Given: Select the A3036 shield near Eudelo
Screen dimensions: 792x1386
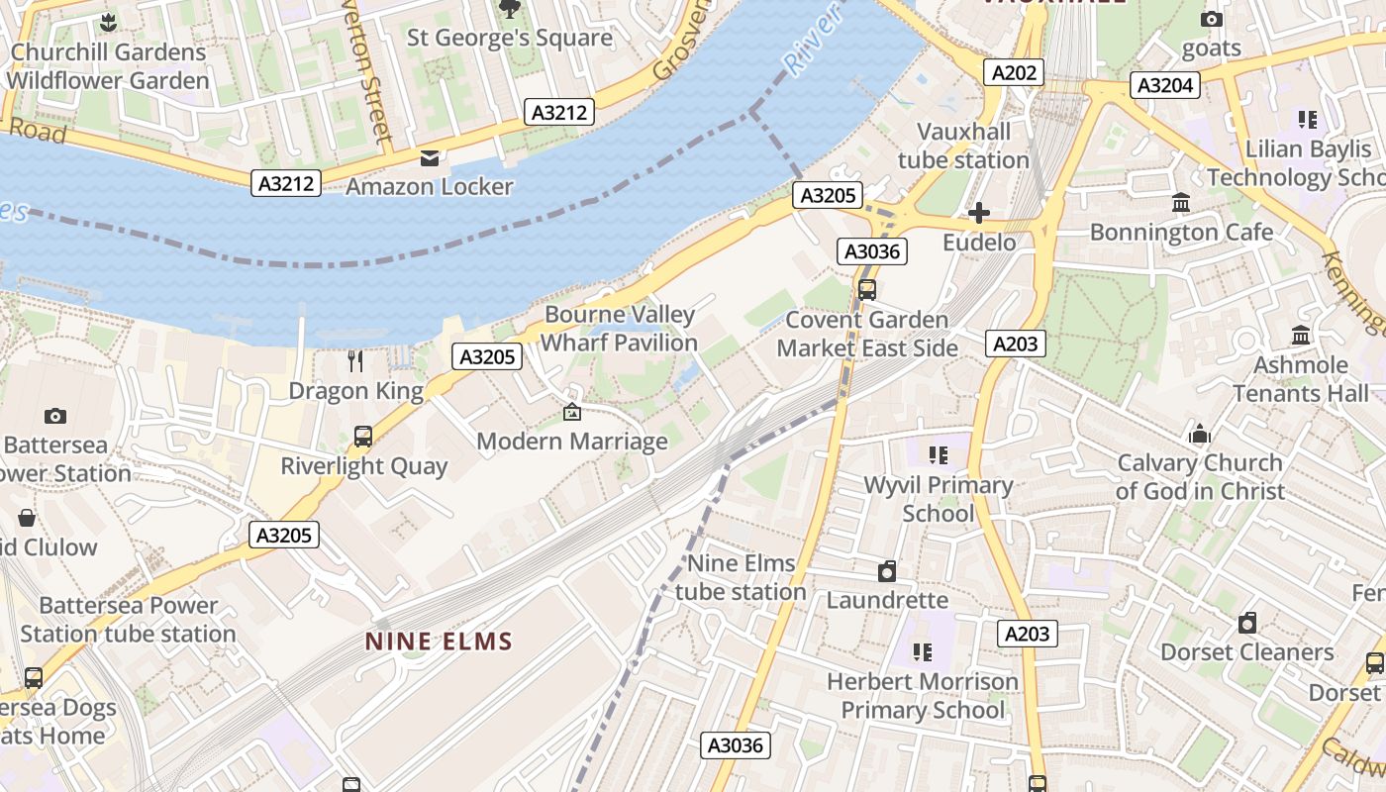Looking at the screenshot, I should pos(872,251).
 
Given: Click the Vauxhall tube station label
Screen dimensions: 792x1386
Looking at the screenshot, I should pos(963,146).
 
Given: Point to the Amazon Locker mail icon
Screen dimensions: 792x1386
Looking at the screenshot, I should pos(430,158).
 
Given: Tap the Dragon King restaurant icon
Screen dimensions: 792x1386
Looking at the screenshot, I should pos(356,361).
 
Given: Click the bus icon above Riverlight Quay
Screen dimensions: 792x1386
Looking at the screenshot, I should pos(363,436).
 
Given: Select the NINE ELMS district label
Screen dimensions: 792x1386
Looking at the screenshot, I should pos(439,642).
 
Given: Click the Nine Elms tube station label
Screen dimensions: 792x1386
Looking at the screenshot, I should pos(741,578).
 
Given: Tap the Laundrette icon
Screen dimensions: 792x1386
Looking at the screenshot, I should pos(887,571).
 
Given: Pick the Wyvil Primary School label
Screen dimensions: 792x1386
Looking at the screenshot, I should pos(938,499).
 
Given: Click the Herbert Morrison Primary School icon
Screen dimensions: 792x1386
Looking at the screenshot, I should pos(923,652).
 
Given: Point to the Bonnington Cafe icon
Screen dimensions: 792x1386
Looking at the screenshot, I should pos(1180,203).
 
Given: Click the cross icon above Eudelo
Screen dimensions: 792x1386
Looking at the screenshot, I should pos(979,213).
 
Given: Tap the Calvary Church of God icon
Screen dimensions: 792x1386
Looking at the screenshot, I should pos(1200,434).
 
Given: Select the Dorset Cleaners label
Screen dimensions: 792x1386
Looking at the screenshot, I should pos(1246,652).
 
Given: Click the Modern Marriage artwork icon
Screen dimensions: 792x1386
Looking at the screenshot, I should pos(571,412).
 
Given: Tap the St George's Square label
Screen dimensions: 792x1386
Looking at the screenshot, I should pos(510,38).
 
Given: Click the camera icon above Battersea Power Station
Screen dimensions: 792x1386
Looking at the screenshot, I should pos(55,416).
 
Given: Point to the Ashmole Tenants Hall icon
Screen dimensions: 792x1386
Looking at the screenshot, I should pos(1301,336).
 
